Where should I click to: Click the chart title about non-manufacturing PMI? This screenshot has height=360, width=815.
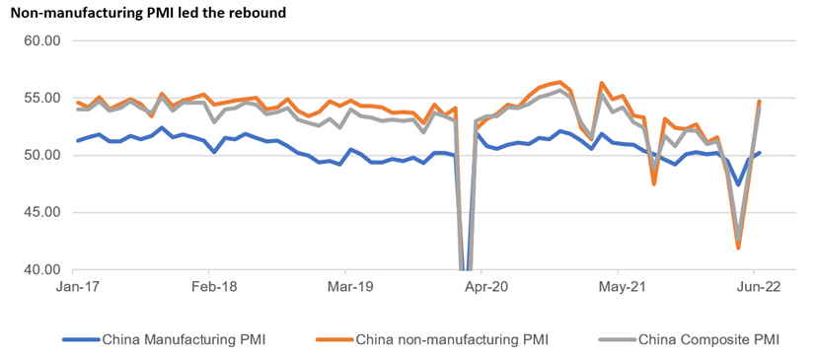(148, 14)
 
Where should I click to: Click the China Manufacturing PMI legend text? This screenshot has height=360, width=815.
(184, 340)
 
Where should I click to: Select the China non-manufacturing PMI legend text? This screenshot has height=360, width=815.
(452, 340)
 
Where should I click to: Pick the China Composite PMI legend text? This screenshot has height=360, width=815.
(708, 340)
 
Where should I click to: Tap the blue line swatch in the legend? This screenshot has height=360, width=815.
(80, 340)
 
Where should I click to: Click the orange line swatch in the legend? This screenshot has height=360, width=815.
(333, 340)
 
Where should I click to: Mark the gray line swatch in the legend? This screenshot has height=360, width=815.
(617, 340)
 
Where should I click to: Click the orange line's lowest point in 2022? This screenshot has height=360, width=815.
(738, 248)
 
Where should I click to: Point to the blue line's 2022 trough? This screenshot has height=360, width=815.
(738, 184)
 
